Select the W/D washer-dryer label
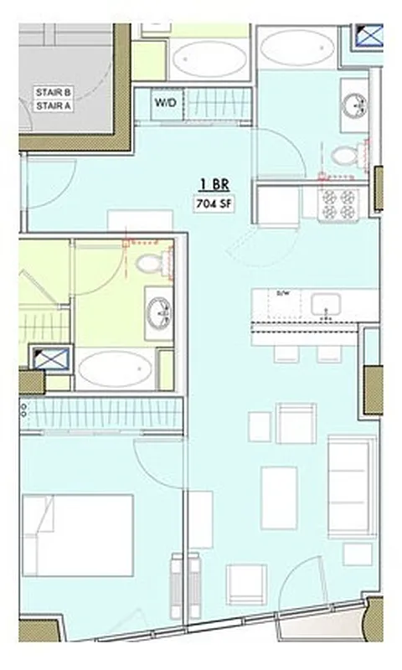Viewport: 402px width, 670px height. coord(164,102)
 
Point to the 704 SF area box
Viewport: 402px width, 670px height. coord(214,203)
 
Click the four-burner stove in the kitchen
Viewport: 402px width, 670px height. coord(339,204)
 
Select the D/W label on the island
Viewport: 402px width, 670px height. coord(282,294)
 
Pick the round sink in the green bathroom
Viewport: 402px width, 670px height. coord(158,313)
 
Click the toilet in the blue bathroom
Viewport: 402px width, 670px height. coord(344,154)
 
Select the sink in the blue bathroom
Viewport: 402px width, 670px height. coord(353,102)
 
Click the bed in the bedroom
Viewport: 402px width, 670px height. coord(77,535)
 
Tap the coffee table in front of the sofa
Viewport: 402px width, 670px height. coord(279,497)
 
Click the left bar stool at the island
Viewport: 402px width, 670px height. coord(286,353)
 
